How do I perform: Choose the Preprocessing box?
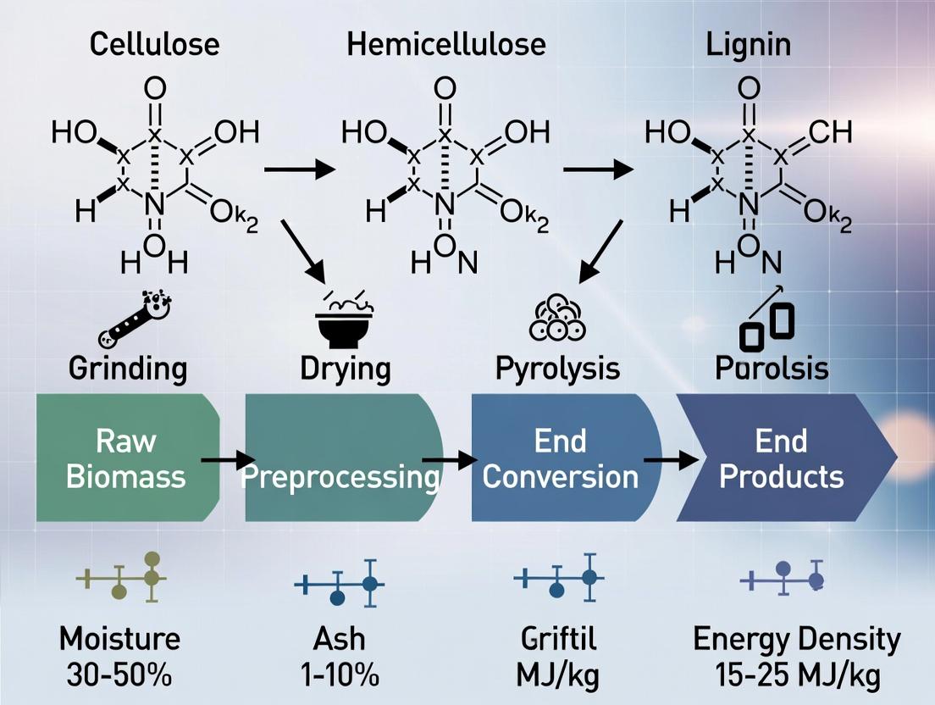[x=340, y=458]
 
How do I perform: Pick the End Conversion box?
[x=561, y=458]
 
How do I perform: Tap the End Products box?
[x=781, y=458]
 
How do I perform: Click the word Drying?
[x=346, y=369]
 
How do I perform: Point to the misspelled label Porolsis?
[x=771, y=369]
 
